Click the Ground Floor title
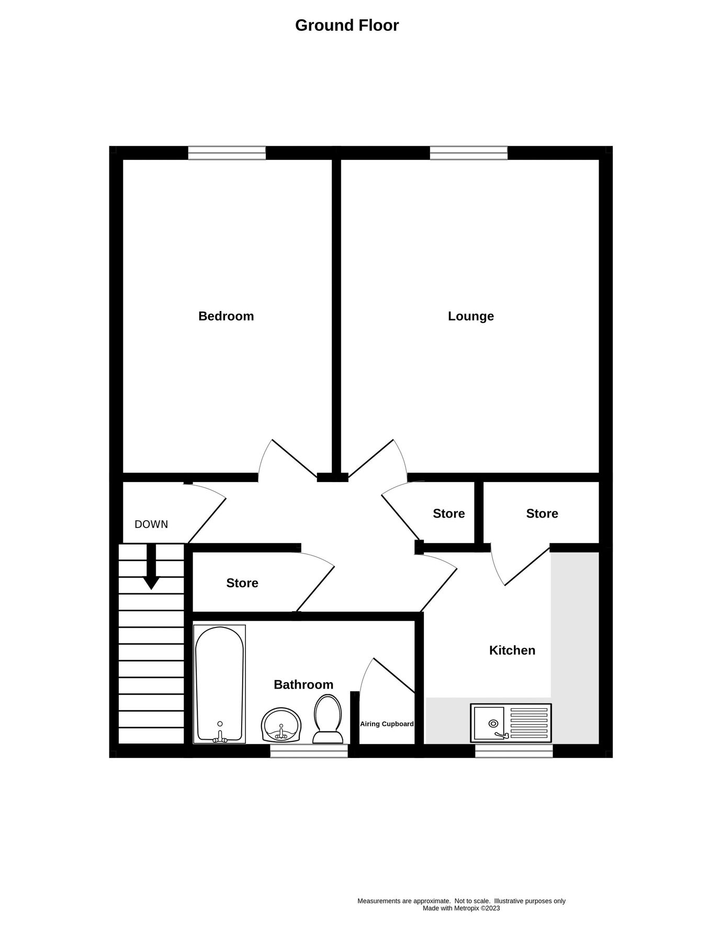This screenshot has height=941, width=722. click(x=347, y=25)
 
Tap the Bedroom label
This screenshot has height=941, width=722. click(x=226, y=316)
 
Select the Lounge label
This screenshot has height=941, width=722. click(x=471, y=316)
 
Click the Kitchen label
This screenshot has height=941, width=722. click(x=512, y=650)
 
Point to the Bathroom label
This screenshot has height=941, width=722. click(x=303, y=684)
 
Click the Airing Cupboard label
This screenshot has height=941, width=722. click(x=387, y=724)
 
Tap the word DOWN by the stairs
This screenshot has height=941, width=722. click(x=151, y=524)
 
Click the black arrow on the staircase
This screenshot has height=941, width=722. click(x=152, y=570)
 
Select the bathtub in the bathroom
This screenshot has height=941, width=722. click(x=219, y=684)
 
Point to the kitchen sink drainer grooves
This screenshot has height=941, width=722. click(x=529, y=723)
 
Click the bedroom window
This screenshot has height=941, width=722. click(x=227, y=153)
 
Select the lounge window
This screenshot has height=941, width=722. click(x=469, y=153)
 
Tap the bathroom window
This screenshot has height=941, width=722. click(x=309, y=751)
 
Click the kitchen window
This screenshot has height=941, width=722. click(x=514, y=751)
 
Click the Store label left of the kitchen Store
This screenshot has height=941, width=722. click(x=449, y=513)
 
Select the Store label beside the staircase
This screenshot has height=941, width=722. click(x=242, y=583)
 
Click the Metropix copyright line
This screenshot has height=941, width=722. click(x=461, y=908)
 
